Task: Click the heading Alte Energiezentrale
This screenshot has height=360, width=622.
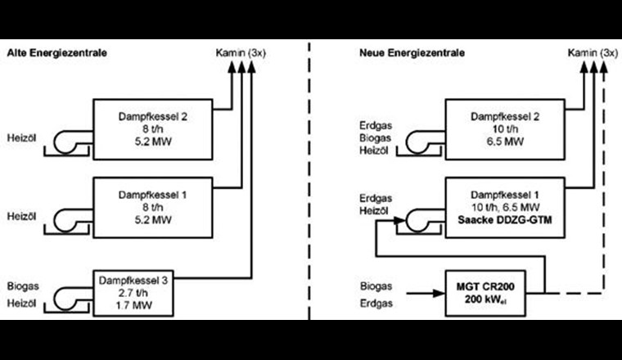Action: [58, 53]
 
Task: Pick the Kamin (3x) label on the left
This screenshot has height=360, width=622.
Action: [244, 53]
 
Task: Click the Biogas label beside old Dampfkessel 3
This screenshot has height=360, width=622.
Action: [22, 288]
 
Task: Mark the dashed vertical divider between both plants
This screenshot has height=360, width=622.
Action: [309, 180]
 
